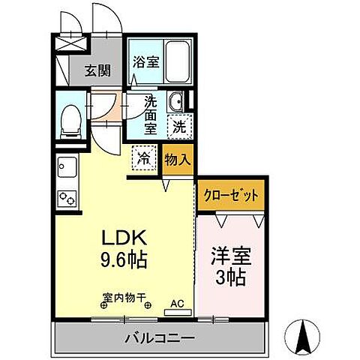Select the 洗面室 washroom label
150,112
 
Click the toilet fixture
70,121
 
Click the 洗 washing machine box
180,126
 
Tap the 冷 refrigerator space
143,158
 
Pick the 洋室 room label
230,256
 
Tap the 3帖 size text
230,276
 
